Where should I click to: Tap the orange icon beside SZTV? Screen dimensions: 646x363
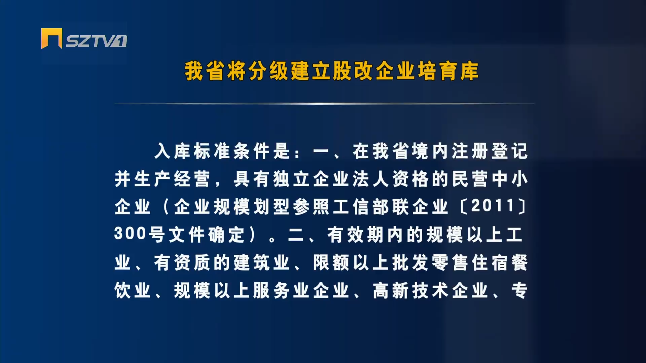[x=51, y=38]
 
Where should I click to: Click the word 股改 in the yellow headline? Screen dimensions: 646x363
[x=352, y=71]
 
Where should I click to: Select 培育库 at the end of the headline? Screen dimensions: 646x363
[x=448, y=71]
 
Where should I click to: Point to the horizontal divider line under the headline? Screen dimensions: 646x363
[x=325, y=104]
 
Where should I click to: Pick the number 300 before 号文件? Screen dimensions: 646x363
[x=130, y=233]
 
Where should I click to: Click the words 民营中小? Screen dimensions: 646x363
[x=490, y=178]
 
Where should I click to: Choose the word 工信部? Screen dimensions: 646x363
[x=361, y=206]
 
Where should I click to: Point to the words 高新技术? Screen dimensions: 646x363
[x=410, y=290]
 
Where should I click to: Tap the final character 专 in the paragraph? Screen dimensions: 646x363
[x=519, y=290]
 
